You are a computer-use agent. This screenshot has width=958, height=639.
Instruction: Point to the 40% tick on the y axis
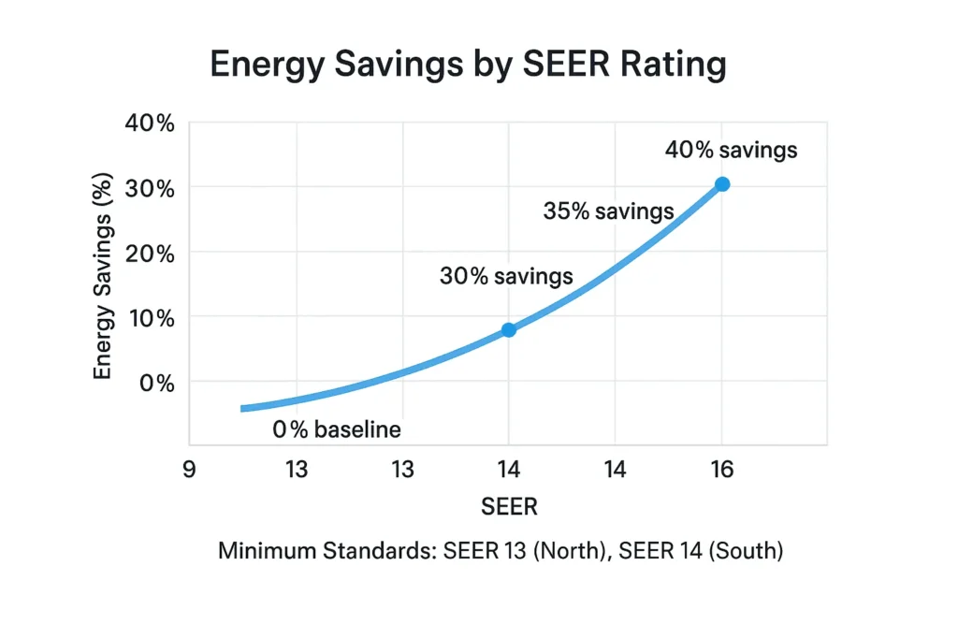[x=149, y=123]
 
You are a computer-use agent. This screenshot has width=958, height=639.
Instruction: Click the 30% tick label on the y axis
[x=149, y=188]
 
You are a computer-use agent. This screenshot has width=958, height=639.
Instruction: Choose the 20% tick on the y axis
[x=149, y=253]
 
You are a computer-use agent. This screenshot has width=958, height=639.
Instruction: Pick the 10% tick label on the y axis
[x=149, y=318]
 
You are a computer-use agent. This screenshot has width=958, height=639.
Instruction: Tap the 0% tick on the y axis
[x=154, y=383]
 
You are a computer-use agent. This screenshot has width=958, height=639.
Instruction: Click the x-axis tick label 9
[x=189, y=470]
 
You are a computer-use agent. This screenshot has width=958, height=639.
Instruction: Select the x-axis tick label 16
[x=721, y=470]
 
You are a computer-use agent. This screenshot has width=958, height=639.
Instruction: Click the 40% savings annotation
[x=731, y=150]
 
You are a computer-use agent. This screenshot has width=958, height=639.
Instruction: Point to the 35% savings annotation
[x=608, y=211]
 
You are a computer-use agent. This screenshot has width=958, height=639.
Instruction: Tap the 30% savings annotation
[x=505, y=277]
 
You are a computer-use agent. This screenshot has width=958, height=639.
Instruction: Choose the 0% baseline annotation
[x=337, y=430]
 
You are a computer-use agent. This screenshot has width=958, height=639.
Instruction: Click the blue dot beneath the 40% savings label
[x=722, y=184]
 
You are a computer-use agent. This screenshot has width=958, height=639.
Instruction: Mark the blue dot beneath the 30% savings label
[x=508, y=330]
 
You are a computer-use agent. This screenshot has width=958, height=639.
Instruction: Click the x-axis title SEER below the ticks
[x=509, y=507]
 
